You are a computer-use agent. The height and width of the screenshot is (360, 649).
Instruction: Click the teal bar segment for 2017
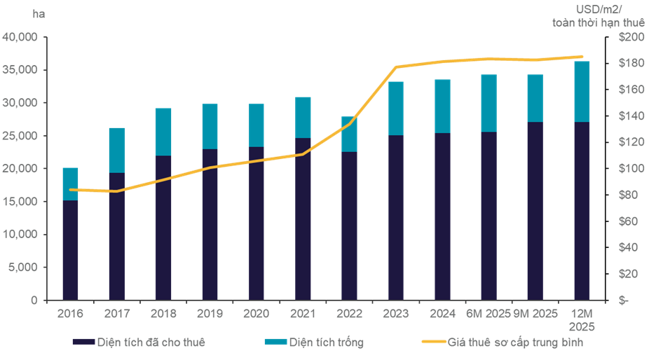116,150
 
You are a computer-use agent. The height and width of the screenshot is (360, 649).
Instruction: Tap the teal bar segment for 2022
349,134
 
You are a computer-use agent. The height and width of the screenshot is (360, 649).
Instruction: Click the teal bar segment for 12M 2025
582,91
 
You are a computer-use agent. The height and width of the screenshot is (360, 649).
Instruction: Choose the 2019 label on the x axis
210,314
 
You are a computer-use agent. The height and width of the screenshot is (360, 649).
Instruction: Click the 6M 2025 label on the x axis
489,314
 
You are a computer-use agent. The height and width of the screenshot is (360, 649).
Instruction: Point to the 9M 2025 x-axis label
535,314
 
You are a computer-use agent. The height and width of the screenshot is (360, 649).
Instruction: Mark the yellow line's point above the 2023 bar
396,67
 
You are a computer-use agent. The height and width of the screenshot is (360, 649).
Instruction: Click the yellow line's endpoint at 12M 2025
582,57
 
